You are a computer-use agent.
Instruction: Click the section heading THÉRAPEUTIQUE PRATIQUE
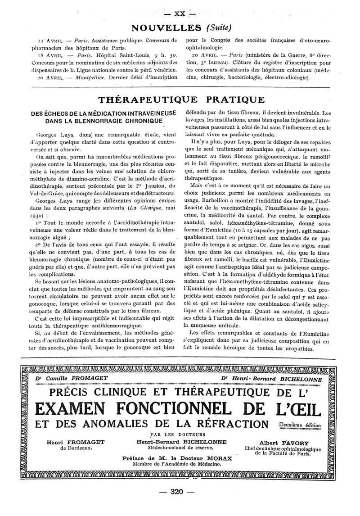click(181, 99)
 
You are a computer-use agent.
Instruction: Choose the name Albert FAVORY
click(284, 442)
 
